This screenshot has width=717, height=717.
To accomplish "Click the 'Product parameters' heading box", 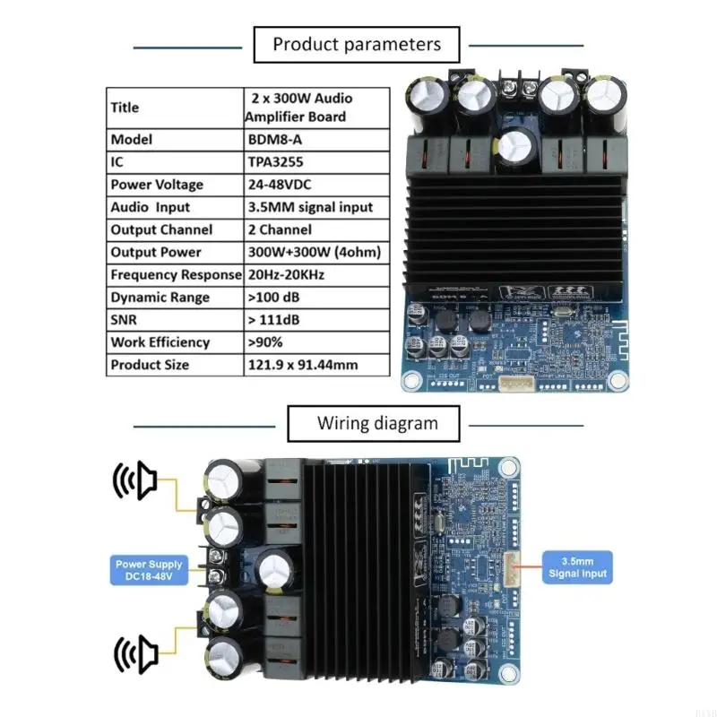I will (x=357, y=44).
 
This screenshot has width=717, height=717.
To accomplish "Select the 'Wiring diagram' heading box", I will (x=376, y=423).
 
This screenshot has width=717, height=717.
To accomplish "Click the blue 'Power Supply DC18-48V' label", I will (x=148, y=570).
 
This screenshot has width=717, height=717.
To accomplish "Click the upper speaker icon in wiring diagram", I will (x=134, y=482).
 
